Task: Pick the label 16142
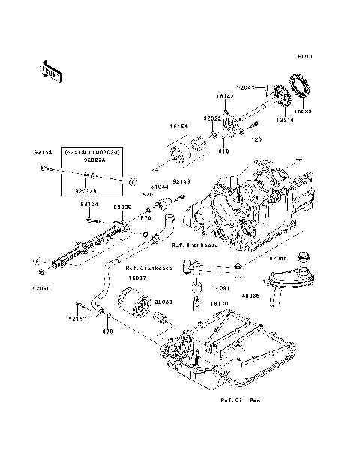226,97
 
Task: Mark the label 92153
182,181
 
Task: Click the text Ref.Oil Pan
240,400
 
